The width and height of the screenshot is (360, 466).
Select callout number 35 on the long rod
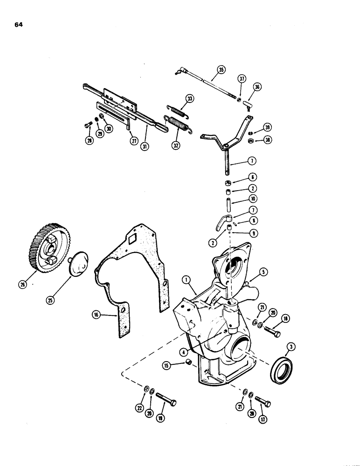tap(220, 70)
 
